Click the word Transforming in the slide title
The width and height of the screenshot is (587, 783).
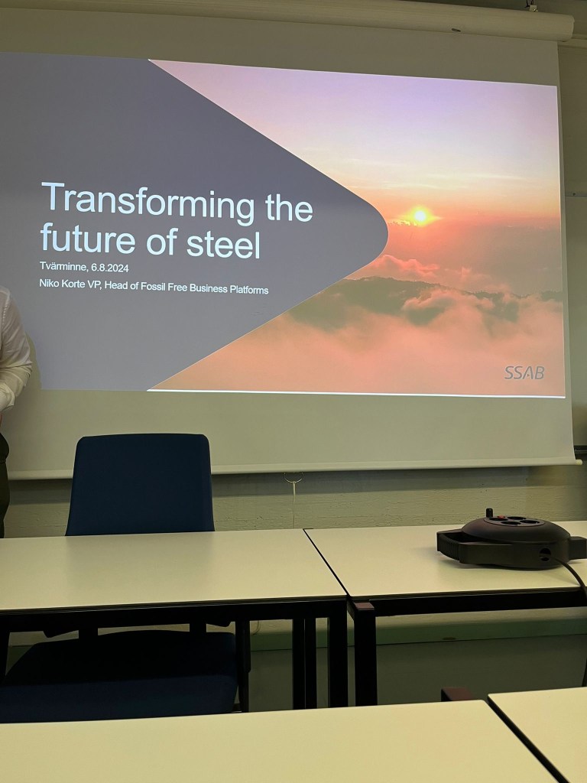point(148,201)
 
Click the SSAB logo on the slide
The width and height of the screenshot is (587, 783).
point(524,372)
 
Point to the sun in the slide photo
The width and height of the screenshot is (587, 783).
point(420,216)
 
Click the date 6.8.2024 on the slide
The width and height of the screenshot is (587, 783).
point(110,268)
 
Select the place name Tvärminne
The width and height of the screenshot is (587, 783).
point(64,266)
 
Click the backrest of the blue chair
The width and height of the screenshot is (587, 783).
point(140,483)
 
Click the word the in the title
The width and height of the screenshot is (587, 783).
point(289,207)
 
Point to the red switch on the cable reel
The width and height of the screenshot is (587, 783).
point(490,513)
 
